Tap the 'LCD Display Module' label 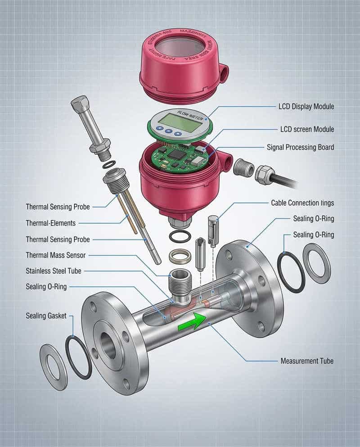click(x=306, y=107)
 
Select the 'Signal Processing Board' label click(x=300, y=147)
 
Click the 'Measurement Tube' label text click(x=307, y=361)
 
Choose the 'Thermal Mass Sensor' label click(x=56, y=255)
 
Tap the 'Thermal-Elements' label click(x=51, y=222)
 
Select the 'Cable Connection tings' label click(x=302, y=203)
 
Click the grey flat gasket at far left click(x=53, y=366)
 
